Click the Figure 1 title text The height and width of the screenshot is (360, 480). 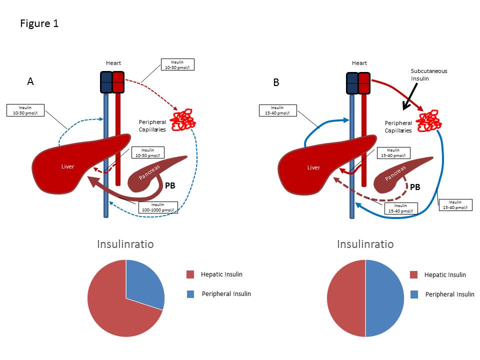[39, 23]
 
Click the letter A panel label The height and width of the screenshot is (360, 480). [30, 82]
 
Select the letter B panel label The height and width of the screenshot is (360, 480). [276, 82]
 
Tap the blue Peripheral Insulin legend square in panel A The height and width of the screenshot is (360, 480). [190, 294]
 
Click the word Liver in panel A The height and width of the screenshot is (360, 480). [67, 166]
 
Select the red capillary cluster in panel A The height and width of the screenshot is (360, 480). [183, 120]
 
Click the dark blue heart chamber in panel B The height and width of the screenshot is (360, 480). [352, 82]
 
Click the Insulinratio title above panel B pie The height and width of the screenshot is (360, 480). [365, 244]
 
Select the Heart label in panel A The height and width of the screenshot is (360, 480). [113, 63]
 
